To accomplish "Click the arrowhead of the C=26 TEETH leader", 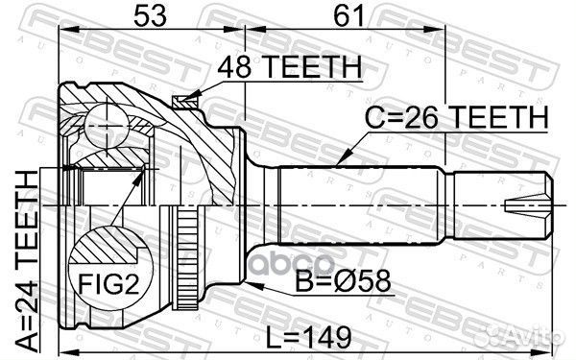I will point(341,160).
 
